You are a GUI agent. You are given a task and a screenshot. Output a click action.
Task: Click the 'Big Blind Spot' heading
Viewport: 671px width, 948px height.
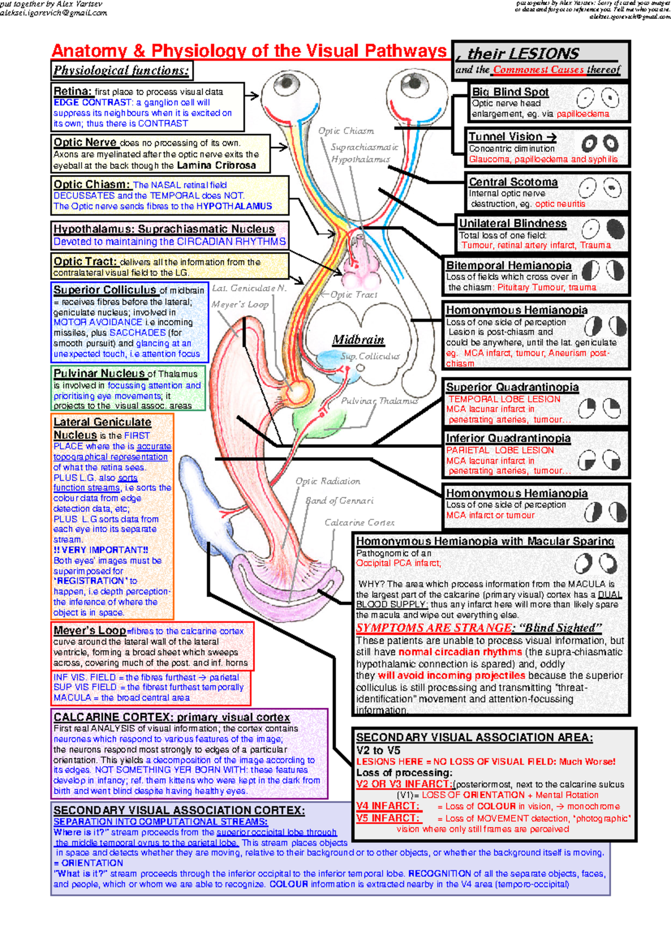point(510,92)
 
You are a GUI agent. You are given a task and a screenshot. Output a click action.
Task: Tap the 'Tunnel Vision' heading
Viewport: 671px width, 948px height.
point(505,137)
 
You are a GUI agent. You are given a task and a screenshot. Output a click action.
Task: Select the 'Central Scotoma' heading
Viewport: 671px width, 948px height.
point(513,182)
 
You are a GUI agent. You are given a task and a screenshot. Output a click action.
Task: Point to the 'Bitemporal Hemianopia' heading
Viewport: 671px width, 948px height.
point(508,266)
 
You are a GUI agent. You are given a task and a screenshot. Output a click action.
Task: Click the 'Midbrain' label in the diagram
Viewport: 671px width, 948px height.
point(358,340)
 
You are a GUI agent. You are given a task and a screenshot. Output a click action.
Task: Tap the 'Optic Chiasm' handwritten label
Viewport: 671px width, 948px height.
point(346,131)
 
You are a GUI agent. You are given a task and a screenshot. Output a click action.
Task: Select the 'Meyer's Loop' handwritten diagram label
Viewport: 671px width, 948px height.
point(240,305)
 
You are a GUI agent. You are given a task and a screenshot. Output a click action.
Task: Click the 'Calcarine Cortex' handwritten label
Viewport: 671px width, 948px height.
point(360,523)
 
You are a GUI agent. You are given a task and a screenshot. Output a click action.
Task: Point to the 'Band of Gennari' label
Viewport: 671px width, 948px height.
point(339,501)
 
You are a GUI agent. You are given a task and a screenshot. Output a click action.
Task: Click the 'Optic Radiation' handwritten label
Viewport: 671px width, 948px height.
point(328,481)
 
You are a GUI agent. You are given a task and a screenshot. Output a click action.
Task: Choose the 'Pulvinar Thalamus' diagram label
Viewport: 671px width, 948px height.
point(379,401)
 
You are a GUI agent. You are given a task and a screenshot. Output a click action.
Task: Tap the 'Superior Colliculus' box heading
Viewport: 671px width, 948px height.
point(105,290)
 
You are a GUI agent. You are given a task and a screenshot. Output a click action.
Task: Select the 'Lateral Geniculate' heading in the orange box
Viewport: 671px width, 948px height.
point(102,422)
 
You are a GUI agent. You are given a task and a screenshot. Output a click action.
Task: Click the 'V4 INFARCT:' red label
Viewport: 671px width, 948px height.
point(387,806)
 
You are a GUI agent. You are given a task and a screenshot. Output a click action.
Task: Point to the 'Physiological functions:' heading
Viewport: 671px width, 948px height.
point(121,70)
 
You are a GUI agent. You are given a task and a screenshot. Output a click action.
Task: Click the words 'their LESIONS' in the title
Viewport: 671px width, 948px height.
point(523,54)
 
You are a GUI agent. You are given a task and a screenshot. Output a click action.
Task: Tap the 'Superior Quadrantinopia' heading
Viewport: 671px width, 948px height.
point(512,387)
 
